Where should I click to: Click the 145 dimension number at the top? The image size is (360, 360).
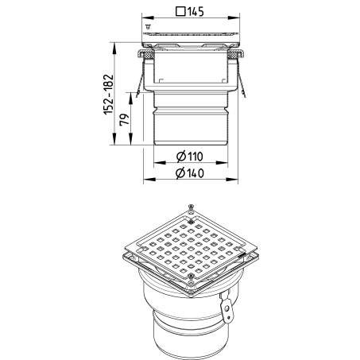click(195, 12)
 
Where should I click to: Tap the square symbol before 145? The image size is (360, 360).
click(180, 12)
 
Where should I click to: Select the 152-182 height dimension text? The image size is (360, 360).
click(109, 95)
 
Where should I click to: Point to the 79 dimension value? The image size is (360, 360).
click(124, 119)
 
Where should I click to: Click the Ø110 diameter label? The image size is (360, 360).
click(190, 157)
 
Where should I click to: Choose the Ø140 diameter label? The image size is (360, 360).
click(190, 173)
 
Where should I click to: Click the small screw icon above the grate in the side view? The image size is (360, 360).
click(148, 26)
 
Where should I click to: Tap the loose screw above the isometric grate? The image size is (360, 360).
click(191, 207)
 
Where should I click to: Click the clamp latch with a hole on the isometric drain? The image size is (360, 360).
click(226, 308)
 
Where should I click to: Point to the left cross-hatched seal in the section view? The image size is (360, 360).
click(149, 56)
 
